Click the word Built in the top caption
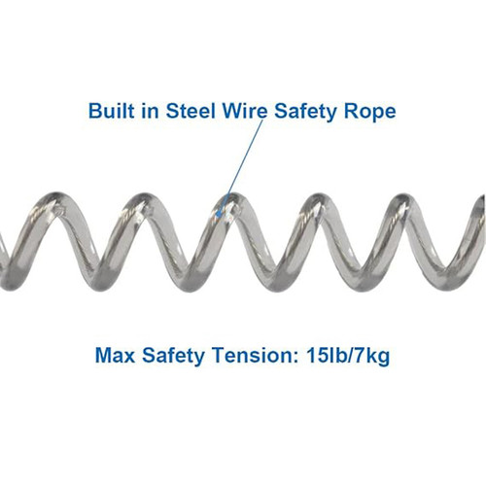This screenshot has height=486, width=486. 111,111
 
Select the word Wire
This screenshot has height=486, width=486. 245,111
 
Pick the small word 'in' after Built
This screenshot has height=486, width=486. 150,111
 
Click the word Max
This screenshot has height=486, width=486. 115,356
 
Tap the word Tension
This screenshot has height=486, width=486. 252,356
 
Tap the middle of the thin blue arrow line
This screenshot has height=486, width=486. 241,168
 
